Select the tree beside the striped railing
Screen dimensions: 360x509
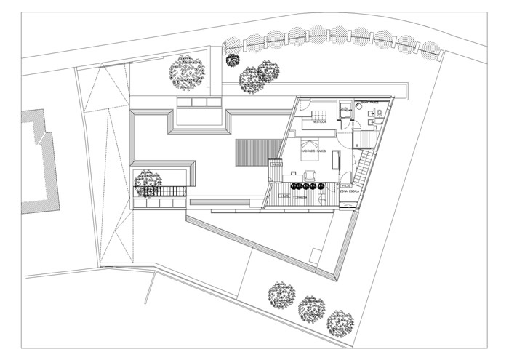pos(148,183)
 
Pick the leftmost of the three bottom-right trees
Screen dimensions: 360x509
pos(281,295)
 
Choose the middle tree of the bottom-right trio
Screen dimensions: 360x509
pos(312,309)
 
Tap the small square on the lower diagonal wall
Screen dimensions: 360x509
pos(315,255)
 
